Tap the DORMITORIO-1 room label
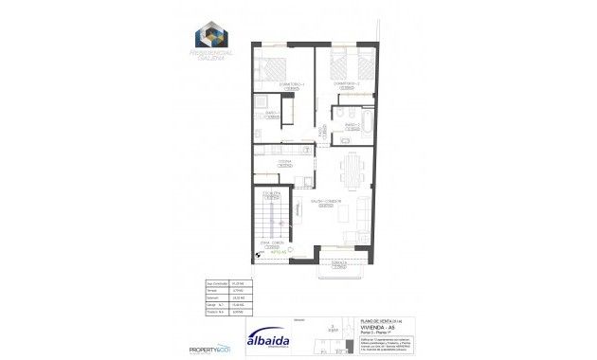click(x=278, y=84)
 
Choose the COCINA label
click(x=282, y=161)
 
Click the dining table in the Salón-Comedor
click(x=350, y=172)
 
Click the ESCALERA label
click(x=271, y=192)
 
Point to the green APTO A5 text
click(x=280, y=252)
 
